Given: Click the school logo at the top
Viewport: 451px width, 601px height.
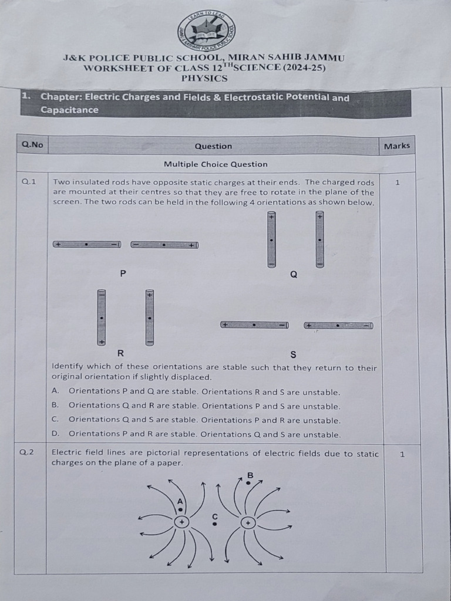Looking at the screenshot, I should (x=206, y=31).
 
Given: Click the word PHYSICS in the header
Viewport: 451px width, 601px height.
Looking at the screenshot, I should (x=204, y=78).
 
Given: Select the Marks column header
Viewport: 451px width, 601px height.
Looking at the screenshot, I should (x=397, y=146).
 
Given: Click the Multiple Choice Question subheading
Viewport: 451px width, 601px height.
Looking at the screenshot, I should (x=216, y=164).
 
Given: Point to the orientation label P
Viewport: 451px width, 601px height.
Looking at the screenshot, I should (x=123, y=273).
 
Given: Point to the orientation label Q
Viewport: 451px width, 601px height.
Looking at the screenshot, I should (x=294, y=274).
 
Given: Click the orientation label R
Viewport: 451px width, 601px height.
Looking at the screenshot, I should (x=120, y=353).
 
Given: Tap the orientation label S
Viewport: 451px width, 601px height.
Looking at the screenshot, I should (x=293, y=354).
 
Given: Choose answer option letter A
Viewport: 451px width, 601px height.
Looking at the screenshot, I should (x=55, y=391).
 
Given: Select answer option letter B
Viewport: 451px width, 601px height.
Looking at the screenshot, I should (x=55, y=405).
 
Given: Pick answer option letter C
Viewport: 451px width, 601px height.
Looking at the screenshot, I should (x=55, y=419).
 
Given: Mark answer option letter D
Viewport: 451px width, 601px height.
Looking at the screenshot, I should (x=55, y=434).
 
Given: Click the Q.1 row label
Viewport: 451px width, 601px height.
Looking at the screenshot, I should (x=29, y=182).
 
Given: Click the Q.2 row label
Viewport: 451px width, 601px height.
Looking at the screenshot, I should (x=27, y=453).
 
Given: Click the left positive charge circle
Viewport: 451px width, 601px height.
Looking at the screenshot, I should (x=182, y=522).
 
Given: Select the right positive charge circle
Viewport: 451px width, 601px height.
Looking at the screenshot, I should (x=248, y=522).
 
